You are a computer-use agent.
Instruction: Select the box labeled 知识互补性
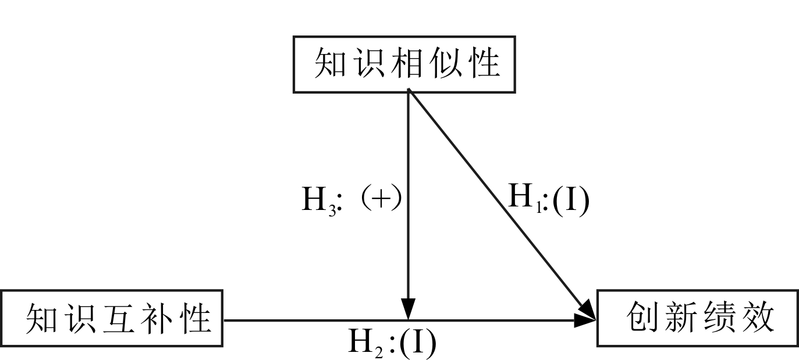tap(112, 319)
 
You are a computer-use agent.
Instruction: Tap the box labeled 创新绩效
tap(697, 318)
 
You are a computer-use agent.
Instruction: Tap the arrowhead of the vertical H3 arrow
tap(409, 309)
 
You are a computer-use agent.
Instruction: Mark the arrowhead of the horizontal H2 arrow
tap(586, 319)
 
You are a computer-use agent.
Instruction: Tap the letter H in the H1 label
tap(521, 198)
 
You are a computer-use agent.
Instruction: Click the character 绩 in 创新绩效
tap(718, 318)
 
